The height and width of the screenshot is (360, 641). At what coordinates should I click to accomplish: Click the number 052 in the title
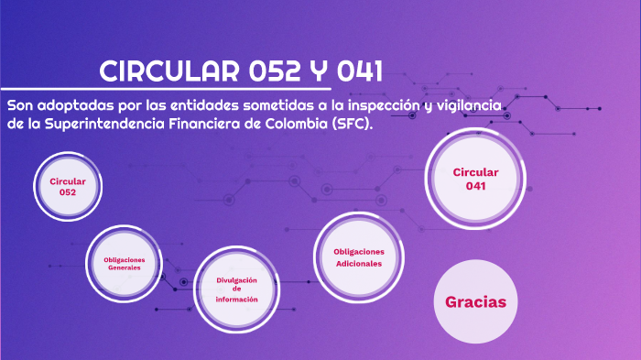(x=275, y=71)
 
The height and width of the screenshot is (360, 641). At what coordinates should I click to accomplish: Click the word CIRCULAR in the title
(x=169, y=71)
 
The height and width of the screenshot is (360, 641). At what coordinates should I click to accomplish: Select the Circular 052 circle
(x=68, y=187)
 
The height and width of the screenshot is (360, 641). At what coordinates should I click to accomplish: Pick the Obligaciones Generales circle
(x=125, y=264)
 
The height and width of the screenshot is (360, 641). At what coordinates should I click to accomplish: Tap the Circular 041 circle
(x=475, y=180)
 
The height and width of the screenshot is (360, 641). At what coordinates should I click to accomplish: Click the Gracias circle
(x=475, y=301)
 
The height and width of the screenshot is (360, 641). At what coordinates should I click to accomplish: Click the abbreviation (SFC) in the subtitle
(x=353, y=125)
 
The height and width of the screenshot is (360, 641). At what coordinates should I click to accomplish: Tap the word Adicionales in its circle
(x=358, y=263)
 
